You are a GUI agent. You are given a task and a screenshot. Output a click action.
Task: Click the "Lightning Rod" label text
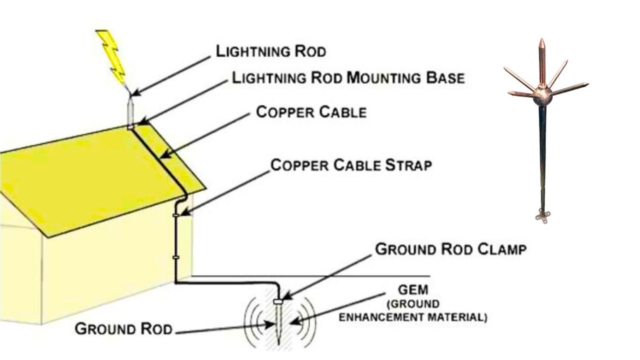tap(270, 51)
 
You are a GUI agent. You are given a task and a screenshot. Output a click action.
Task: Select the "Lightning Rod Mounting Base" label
tap(348, 78)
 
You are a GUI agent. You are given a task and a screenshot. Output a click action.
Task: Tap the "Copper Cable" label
tap(311, 112)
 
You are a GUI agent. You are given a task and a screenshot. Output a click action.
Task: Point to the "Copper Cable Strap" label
tap(350, 165)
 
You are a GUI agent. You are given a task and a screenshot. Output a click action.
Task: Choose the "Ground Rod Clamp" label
tap(450, 249)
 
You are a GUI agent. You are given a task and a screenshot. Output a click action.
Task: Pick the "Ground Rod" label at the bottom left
tap(123, 329)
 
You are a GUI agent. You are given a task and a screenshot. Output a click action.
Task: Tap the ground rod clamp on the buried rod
tap(279, 301)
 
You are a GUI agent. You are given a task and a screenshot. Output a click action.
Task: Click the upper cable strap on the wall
tap(176, 215)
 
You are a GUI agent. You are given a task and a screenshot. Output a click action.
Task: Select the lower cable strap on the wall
tap(176, 257)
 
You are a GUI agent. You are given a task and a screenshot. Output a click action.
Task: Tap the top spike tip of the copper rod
tap(541, 40)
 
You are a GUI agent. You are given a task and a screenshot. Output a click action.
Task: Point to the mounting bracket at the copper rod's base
tap(541, 215)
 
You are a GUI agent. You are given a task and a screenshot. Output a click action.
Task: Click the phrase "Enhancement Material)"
tap(412, 317)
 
